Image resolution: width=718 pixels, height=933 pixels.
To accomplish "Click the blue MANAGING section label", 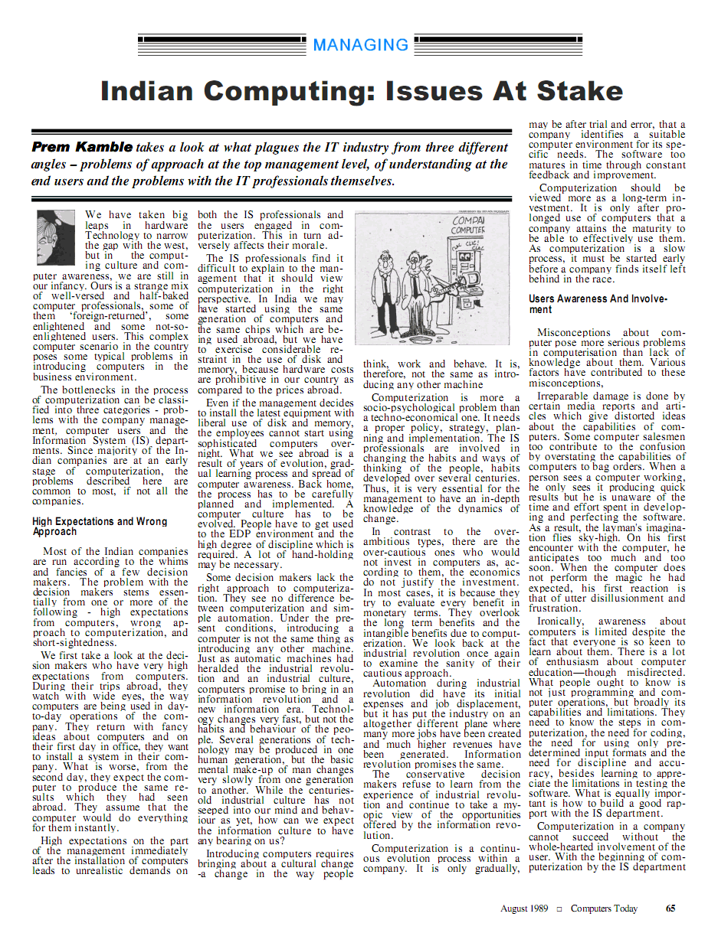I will (x=361, y=44).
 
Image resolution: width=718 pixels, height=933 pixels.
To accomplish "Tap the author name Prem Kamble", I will (x=82, y=146).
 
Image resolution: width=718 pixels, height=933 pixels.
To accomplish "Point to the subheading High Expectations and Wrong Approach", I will (x=100, y=526).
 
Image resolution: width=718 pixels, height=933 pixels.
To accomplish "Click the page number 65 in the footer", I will (x=670, y=909).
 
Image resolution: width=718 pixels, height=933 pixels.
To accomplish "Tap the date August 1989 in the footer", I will (x=524, y=909).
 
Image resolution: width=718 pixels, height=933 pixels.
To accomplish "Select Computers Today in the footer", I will (x=604, y=909).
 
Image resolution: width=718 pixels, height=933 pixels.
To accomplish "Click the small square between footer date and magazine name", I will (x=559, y=909).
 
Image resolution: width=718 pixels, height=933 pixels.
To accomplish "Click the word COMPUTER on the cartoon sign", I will (x=467, y=230).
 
